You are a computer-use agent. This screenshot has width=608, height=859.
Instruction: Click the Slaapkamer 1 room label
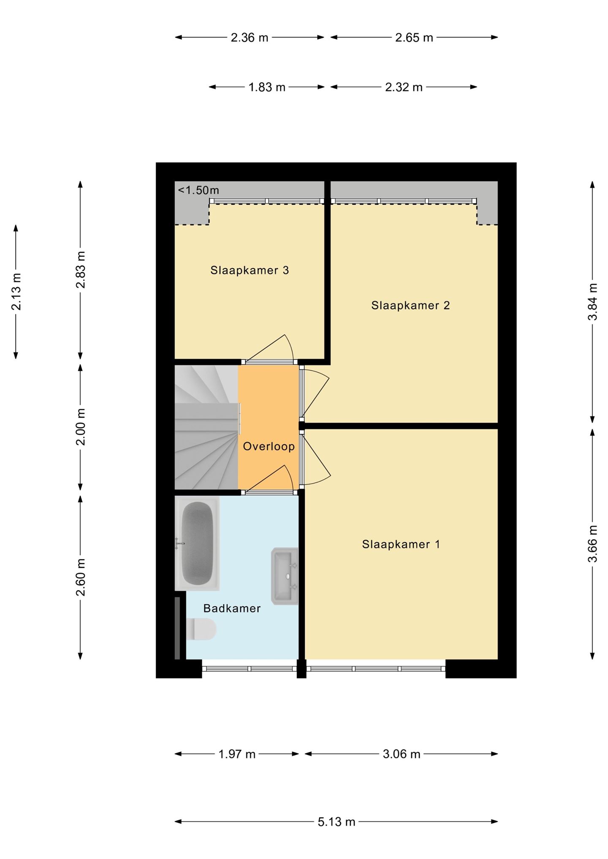point(401,544)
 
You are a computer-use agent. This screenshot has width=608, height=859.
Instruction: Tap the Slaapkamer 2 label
point(410,305)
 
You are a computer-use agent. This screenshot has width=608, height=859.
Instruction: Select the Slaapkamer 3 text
point(250,270)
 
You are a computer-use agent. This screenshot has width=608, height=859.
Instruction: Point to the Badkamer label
point(232,608)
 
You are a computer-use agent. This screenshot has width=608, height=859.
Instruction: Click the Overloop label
point(269,446)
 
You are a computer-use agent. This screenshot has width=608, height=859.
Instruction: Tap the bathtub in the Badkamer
point(197,544)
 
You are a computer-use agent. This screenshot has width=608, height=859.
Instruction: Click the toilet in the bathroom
point(201,629)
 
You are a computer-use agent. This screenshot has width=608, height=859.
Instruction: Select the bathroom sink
point(285,576)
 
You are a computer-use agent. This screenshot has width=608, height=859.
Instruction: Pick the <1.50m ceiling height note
point(198,190)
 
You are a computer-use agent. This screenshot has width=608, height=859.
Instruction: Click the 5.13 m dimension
point(337,821)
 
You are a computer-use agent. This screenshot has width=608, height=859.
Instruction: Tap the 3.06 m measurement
point(402,754)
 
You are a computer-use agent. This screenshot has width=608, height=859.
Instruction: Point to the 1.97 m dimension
point(237,754)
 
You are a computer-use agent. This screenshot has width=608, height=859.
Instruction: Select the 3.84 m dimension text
point(593,302)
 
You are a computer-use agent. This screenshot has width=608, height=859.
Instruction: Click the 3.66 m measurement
point(593,544)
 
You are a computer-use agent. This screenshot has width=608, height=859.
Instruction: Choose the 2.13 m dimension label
point(16,292)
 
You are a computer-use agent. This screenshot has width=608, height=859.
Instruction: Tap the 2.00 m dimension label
point(81,427)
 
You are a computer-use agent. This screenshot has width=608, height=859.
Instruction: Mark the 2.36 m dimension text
point(250,38)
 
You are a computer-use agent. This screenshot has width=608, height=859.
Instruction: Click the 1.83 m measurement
point(267,87)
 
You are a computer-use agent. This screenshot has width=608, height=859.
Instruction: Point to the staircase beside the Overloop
point(207,427)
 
